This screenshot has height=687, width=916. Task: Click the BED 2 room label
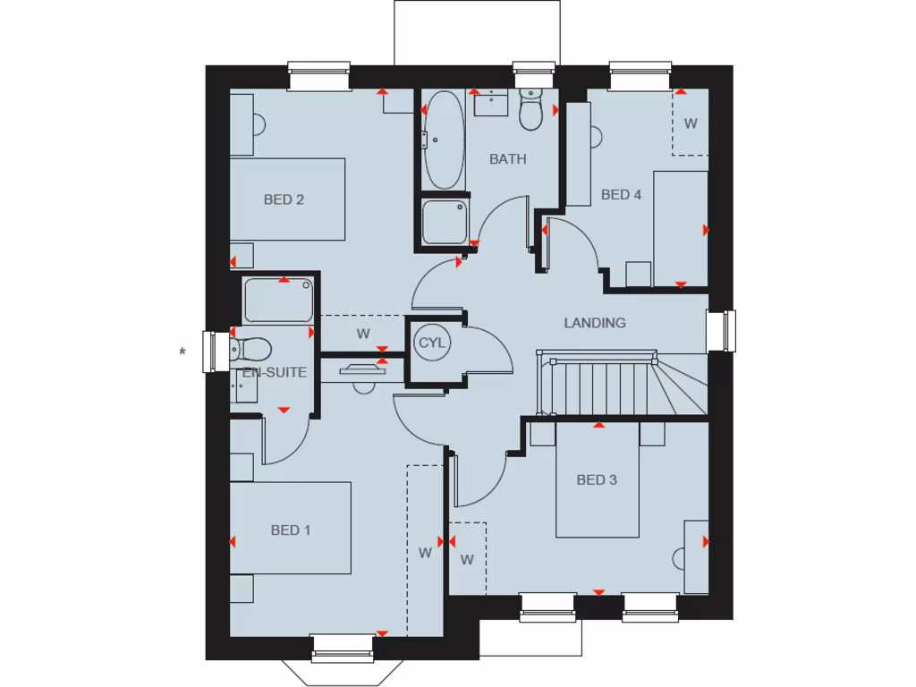(x=284, y=199)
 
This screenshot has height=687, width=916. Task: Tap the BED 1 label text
(x=291, y=530)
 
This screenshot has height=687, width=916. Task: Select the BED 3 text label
(x=597, y=480)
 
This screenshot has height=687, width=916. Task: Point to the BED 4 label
(x=621, y=194)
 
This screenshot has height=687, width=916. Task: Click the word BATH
(x=507, y=159)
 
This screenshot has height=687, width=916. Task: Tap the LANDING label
(x=595, y=323)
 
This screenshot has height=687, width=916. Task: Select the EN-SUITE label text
(x=275, y=373)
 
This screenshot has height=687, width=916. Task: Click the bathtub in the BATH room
(x=443, y=140)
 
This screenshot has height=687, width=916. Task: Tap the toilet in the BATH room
(x=531, y=110)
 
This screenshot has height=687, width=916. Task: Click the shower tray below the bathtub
(x=445, y=221)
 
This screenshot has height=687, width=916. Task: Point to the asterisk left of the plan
(x=182, y=352)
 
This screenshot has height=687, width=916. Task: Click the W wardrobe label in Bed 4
(x=691, y=123)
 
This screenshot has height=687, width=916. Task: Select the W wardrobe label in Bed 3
(x=466, y=561)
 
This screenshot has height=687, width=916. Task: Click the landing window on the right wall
(x=721, y=330)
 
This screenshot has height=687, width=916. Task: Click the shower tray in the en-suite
(x=279, y=301)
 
